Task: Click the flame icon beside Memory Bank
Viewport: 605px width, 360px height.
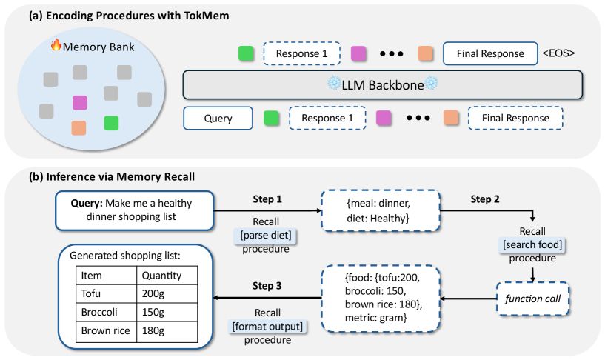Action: [55, 45]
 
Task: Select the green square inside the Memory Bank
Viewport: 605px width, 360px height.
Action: [111, 122]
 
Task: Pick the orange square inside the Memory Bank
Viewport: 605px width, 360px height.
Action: [79, 127]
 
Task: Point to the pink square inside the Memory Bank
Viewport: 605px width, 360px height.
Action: [80, 103]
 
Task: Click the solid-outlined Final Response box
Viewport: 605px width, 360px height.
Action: [490, 53]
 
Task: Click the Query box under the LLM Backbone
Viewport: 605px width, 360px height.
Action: [218, 118]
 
